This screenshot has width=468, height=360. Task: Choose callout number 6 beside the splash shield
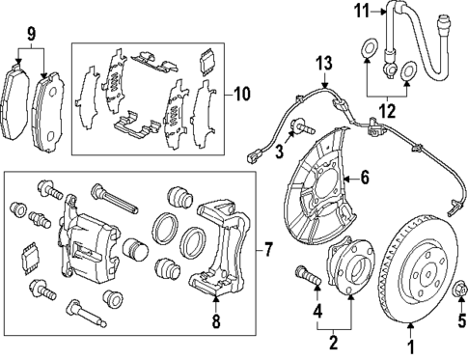click(x=365, y=177)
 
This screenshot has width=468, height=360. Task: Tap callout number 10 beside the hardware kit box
click(x=241, y=94)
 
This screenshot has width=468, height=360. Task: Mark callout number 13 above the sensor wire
click(x=325, y=64)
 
